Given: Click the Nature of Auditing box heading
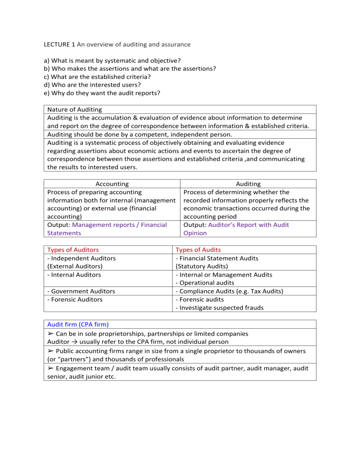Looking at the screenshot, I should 75,109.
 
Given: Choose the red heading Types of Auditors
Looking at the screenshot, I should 73,250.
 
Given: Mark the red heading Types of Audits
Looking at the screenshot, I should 198,250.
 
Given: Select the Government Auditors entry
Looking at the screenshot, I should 81,291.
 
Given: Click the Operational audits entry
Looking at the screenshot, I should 204,283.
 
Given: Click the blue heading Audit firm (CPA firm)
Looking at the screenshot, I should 76,325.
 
